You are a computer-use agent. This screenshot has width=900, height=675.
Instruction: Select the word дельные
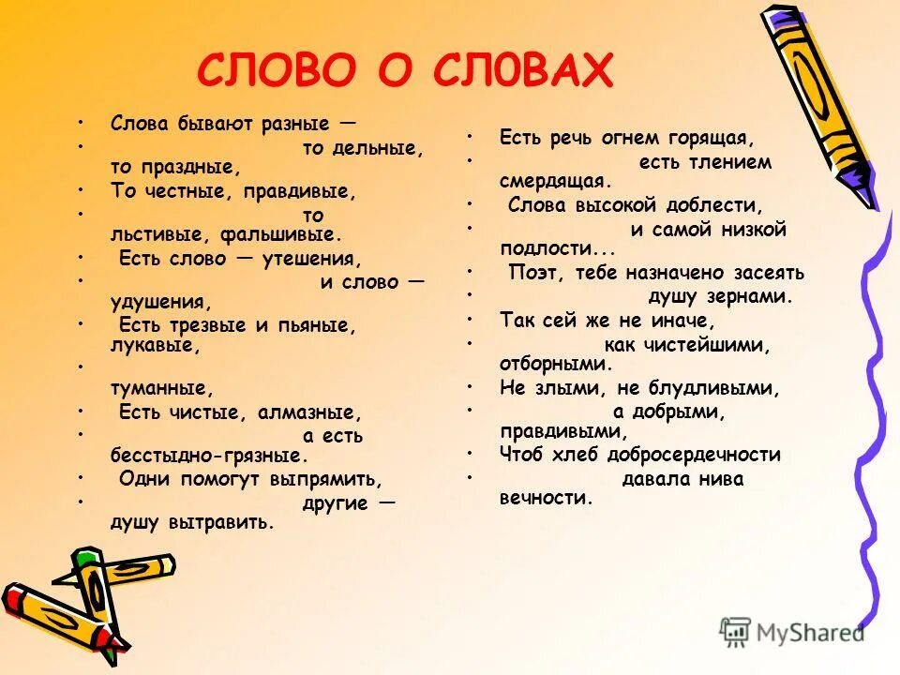(379, 147)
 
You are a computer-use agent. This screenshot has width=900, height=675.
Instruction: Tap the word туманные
(162, 387)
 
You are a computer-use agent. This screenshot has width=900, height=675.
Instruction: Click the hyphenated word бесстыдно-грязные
(209, 457)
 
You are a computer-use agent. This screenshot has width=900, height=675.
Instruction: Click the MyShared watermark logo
(792, 632)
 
